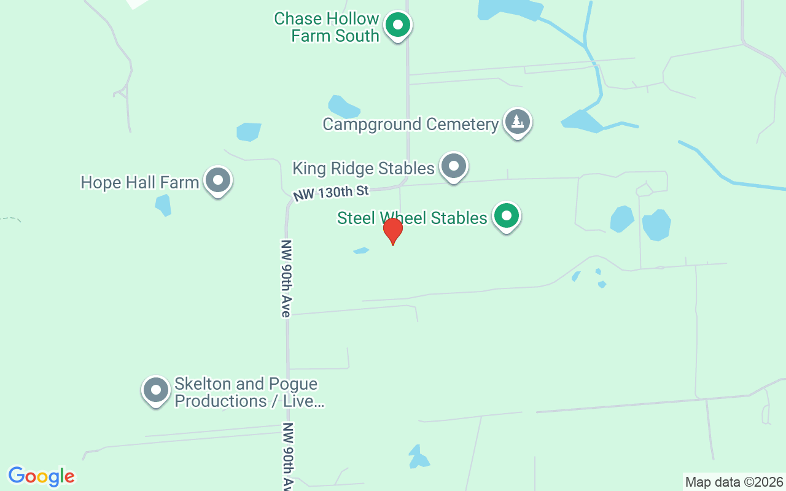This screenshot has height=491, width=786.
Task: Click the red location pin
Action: [393, 231]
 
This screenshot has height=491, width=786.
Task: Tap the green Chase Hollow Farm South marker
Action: [398, 26]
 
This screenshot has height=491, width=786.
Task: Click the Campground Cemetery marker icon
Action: [518, 122]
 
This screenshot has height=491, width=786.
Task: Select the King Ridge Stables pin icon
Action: [454, 166]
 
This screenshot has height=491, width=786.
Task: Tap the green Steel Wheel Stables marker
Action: [507, 216]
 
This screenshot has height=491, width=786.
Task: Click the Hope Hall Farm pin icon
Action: [217, 180]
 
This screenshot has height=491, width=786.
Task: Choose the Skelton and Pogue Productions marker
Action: [156, 390]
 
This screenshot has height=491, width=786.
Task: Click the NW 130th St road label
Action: [331, 193]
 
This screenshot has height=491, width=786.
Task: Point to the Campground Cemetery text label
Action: [410, 124]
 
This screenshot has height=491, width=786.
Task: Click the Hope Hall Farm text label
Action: [140, 182]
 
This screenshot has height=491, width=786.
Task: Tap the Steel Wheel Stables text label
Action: [412, 218]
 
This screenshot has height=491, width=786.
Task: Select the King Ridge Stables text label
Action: [364, 168]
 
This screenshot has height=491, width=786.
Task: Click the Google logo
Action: [42, 476]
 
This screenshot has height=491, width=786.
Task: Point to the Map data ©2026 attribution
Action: [734, 482]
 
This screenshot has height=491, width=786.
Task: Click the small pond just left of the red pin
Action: [361, 250]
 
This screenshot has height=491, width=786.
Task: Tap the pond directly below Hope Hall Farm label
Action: [163, 204]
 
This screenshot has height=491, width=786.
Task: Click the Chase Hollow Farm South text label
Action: [326, 27]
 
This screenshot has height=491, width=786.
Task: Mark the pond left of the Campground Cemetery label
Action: [342, 107]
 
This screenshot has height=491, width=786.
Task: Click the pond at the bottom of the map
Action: [418, 457]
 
